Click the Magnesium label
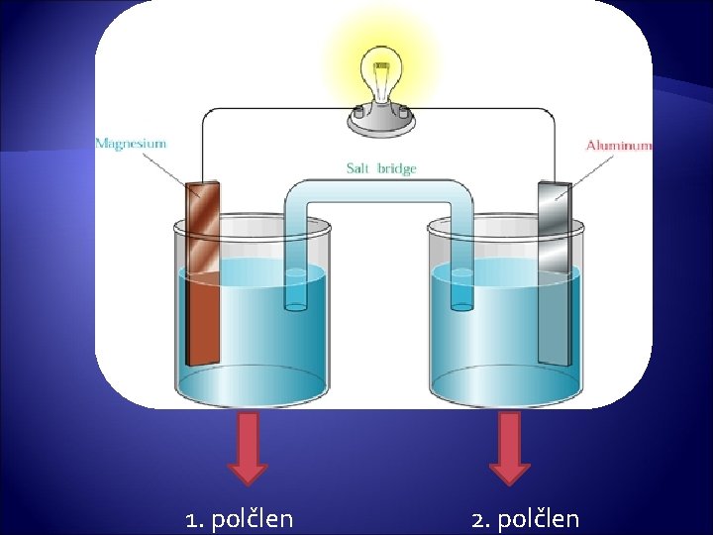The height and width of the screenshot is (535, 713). click(131, 144)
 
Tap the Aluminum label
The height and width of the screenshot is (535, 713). click(619, 145)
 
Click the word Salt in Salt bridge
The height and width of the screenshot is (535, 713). click(358, 168)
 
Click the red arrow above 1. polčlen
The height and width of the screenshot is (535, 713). click(249, 447)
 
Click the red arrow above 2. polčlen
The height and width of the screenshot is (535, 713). click(510, 447)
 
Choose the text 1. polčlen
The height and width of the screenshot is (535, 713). click(240, 518)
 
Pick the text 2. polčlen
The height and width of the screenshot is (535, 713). click(526, 518)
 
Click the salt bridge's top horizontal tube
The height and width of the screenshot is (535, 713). click(379, 191)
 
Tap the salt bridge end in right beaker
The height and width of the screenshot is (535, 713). click(461, 287)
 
